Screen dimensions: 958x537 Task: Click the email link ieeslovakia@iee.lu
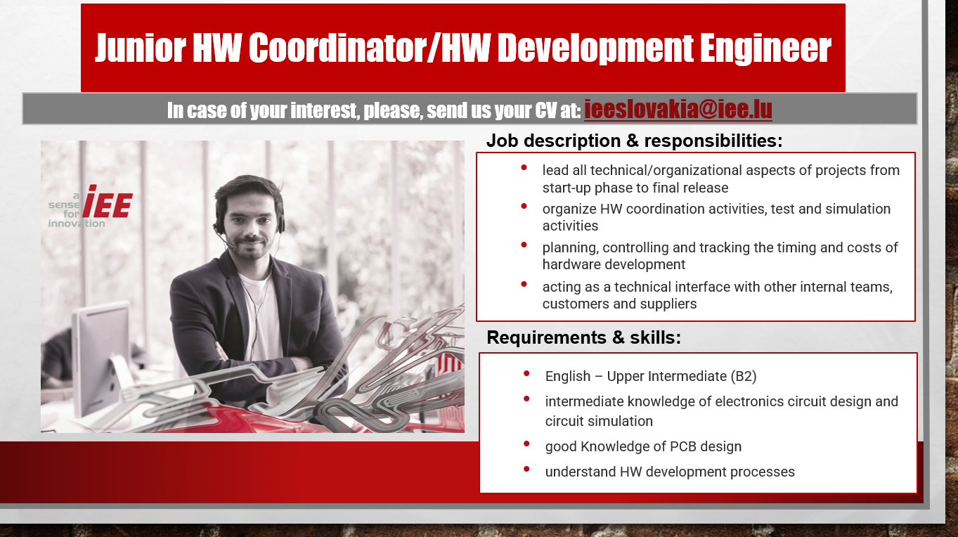click(x=678, y=110)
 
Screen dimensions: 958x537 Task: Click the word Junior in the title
click(x=140, y=48)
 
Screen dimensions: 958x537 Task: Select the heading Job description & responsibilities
click(x=634, y=141)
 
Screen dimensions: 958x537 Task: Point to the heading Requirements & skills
click(x=584, y=337)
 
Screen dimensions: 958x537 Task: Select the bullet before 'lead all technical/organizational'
click(x=524, y=168)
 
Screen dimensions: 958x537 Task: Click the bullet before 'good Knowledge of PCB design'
click(x=526, y=444)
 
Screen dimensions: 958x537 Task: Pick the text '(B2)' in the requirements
click(x=744, y=376)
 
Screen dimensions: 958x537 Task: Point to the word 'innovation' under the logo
click(x=77, y=224)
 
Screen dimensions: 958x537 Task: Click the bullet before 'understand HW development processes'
click(x=526, y=470)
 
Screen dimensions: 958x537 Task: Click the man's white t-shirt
click(x=261, y=316)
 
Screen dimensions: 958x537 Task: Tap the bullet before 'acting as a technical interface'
click(x=524, y=285)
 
